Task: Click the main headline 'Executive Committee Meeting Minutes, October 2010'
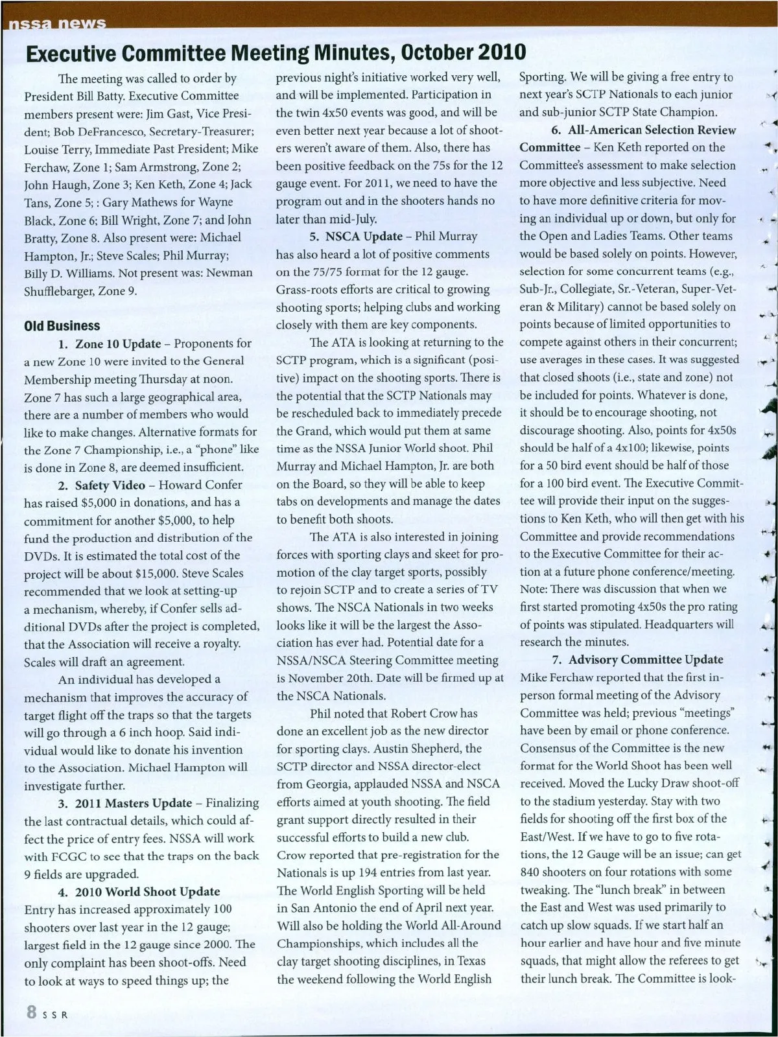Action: pos(275,52)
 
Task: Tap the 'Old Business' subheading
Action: pos(62,325)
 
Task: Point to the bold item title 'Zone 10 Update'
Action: pos(118,344)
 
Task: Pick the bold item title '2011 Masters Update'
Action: pos(134,803)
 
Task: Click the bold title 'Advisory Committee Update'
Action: pos(646,660)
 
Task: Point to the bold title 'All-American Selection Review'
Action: pos(652,130)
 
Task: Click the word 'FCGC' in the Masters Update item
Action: pos(71,856)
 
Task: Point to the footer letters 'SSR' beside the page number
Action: pos(54,1015)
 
